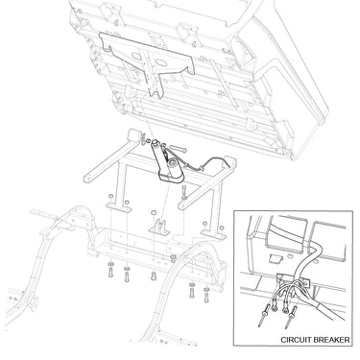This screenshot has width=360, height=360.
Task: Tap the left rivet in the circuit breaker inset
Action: point(262,317)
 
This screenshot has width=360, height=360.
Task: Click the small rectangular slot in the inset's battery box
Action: point(275,258)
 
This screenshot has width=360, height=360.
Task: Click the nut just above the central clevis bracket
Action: point(153,212)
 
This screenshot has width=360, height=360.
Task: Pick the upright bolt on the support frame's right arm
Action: point(183,191)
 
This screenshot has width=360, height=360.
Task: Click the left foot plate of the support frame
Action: point(119,207)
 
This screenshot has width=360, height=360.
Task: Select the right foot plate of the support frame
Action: point(213,234)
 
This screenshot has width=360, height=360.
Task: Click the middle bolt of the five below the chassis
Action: point(154,275)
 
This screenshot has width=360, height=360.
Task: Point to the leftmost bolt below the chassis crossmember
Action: point(110,271)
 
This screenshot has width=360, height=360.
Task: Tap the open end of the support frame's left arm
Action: point(87,178)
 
